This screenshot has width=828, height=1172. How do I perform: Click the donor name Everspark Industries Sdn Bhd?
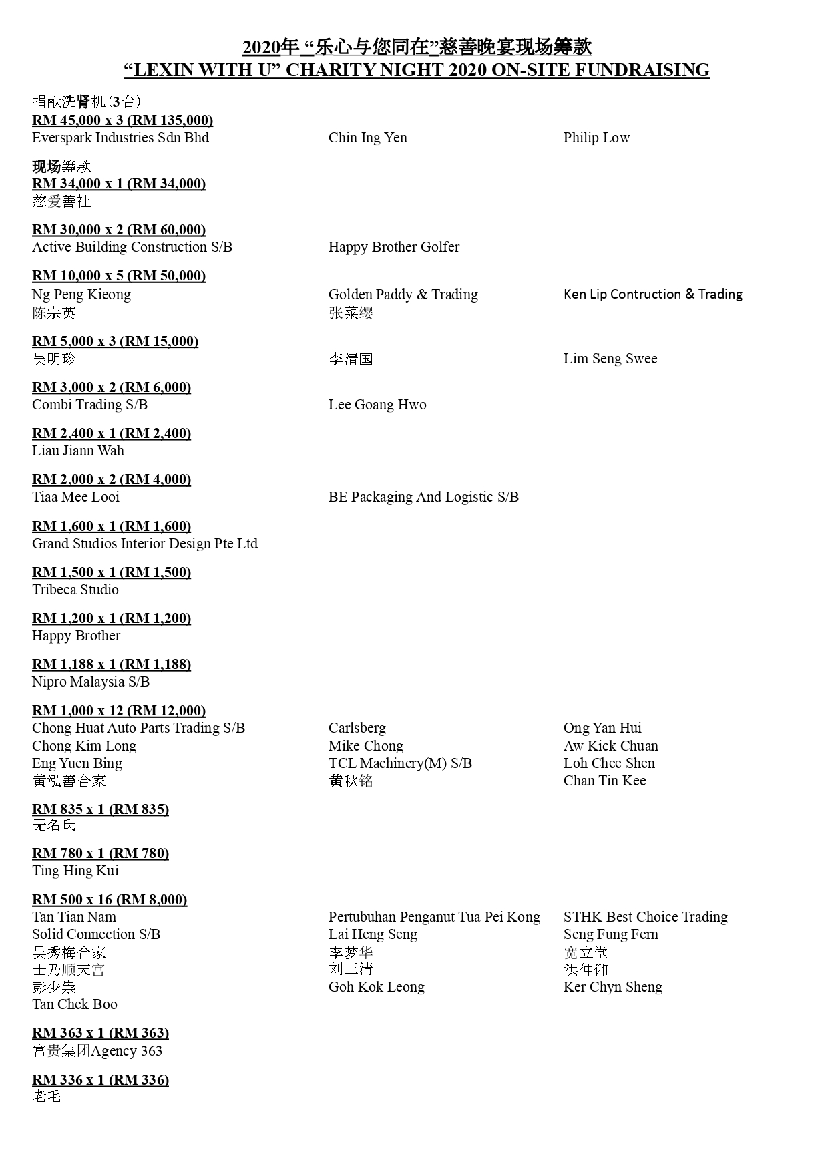click(x=120, y=138)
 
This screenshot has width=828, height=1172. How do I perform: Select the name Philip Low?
click(x=596, y=138)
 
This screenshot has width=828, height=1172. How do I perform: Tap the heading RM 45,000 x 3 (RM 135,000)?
click(x=123, y=120)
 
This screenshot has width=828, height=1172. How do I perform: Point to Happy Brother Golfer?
click(x=394, y=247)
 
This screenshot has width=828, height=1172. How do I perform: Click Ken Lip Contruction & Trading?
click(x=652, y=294)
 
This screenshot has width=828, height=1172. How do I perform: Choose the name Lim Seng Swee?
click(x=610, y=359)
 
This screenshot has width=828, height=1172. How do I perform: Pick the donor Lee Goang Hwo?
click(x=377, y=405)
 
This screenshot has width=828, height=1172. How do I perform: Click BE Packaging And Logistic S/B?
click(x=423, y=497)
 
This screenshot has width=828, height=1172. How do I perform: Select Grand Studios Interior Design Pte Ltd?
click(x=145, y=544)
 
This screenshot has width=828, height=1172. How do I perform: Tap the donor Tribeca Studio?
click(x=75, y=590)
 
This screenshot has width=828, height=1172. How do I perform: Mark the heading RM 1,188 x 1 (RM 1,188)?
click(x=112, y=664)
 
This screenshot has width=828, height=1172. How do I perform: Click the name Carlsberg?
click(x=357, y=728)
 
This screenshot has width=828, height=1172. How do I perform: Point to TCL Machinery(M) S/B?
click(x=400, y=763)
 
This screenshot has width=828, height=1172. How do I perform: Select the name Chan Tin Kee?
click(x=604, y=781)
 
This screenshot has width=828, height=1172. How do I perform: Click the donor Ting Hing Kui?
click(x=75, y=871)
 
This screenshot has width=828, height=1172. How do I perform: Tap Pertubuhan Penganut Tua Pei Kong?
click(x=434, y=917)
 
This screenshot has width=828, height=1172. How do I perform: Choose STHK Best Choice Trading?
click(x=645, y=917)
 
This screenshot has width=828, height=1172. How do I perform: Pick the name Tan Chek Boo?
click(x=75, y=1004)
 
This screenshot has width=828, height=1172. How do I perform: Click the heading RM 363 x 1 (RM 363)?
click(x=101, y=1033)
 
